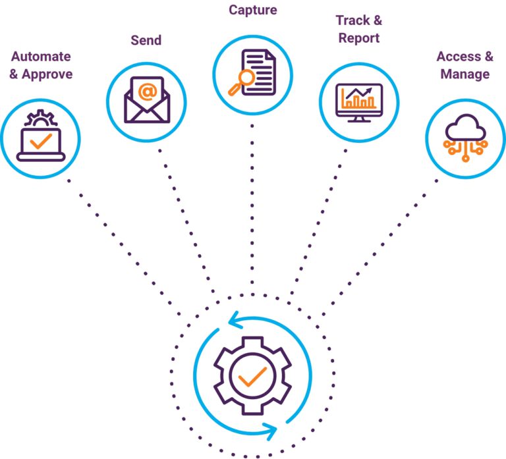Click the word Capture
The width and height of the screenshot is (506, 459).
click(252, 11)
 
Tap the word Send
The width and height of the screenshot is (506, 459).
click(146, 40)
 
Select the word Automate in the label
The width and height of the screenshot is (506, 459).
click(40, 57)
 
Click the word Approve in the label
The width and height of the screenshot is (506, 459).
click(47, 74)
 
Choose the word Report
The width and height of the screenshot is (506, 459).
click(359, 38)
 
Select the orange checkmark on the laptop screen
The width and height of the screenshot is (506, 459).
click(40, 140)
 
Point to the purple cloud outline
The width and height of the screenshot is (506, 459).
click(465, 127)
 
